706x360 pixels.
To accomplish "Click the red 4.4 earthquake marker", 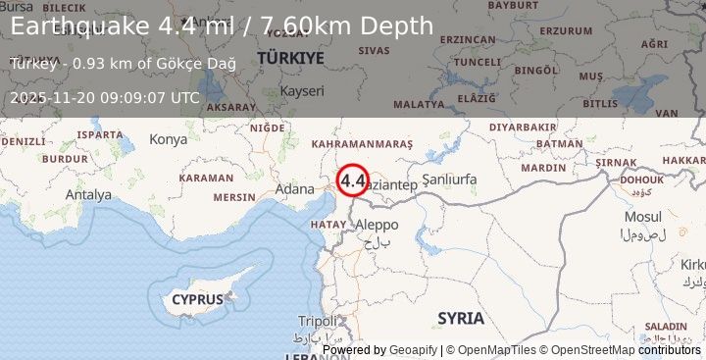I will [x=353, y=180].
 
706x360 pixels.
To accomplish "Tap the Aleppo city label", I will [x=377, y=225].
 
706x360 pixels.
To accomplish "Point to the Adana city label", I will [x=295, y=188].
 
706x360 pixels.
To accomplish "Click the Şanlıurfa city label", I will [x=449, y=180].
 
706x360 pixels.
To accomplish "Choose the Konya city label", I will [x=168, y=139].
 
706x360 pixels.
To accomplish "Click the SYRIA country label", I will [x=461, y=318].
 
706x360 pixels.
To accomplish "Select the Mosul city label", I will [x=642, y=216].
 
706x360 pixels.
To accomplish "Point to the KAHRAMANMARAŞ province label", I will [x=361, y=144].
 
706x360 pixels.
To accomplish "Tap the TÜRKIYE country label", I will [x=290, y=59].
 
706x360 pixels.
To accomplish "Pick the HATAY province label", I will [x=328, y=225].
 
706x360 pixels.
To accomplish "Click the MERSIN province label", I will [x=233, y=196].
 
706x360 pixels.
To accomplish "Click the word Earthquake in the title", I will [x=81, y=26].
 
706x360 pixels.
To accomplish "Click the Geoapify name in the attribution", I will [x=414, y=350].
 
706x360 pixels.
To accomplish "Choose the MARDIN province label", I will [x=543, y=168].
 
